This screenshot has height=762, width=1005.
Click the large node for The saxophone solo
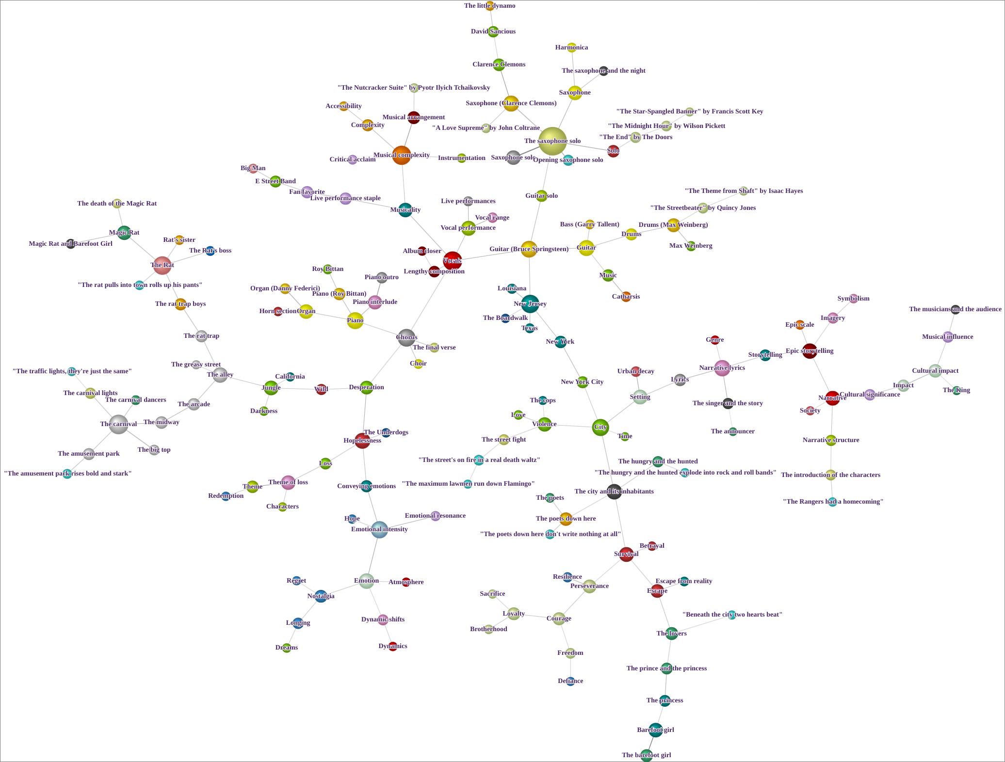point(552,142)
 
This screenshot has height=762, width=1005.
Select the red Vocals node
point(452,261)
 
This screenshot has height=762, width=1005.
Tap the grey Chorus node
point(406,337)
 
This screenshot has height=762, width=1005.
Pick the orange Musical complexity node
point(401,155)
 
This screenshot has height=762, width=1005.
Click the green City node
point(600,427)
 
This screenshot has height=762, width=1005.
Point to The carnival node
point(118,424)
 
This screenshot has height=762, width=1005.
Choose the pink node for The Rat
point(162,265)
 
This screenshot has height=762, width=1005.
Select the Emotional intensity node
point(379,529)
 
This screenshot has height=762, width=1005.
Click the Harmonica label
point(571,48)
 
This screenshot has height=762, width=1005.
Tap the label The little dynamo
point(489,6)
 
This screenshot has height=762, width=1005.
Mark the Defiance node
point(570,681)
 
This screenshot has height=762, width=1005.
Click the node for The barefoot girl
point(647,755)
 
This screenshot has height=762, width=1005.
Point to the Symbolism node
point(854,299)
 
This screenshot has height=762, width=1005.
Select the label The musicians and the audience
point(955,309)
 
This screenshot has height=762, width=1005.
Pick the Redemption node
point(226,496)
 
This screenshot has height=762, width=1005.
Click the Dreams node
point(287,648)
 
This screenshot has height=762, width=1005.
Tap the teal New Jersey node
point(530,304)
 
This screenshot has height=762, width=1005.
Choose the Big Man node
point(253,168)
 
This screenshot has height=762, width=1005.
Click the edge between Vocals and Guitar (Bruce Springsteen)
point(490,255)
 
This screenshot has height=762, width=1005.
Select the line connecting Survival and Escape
point(641,572)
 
